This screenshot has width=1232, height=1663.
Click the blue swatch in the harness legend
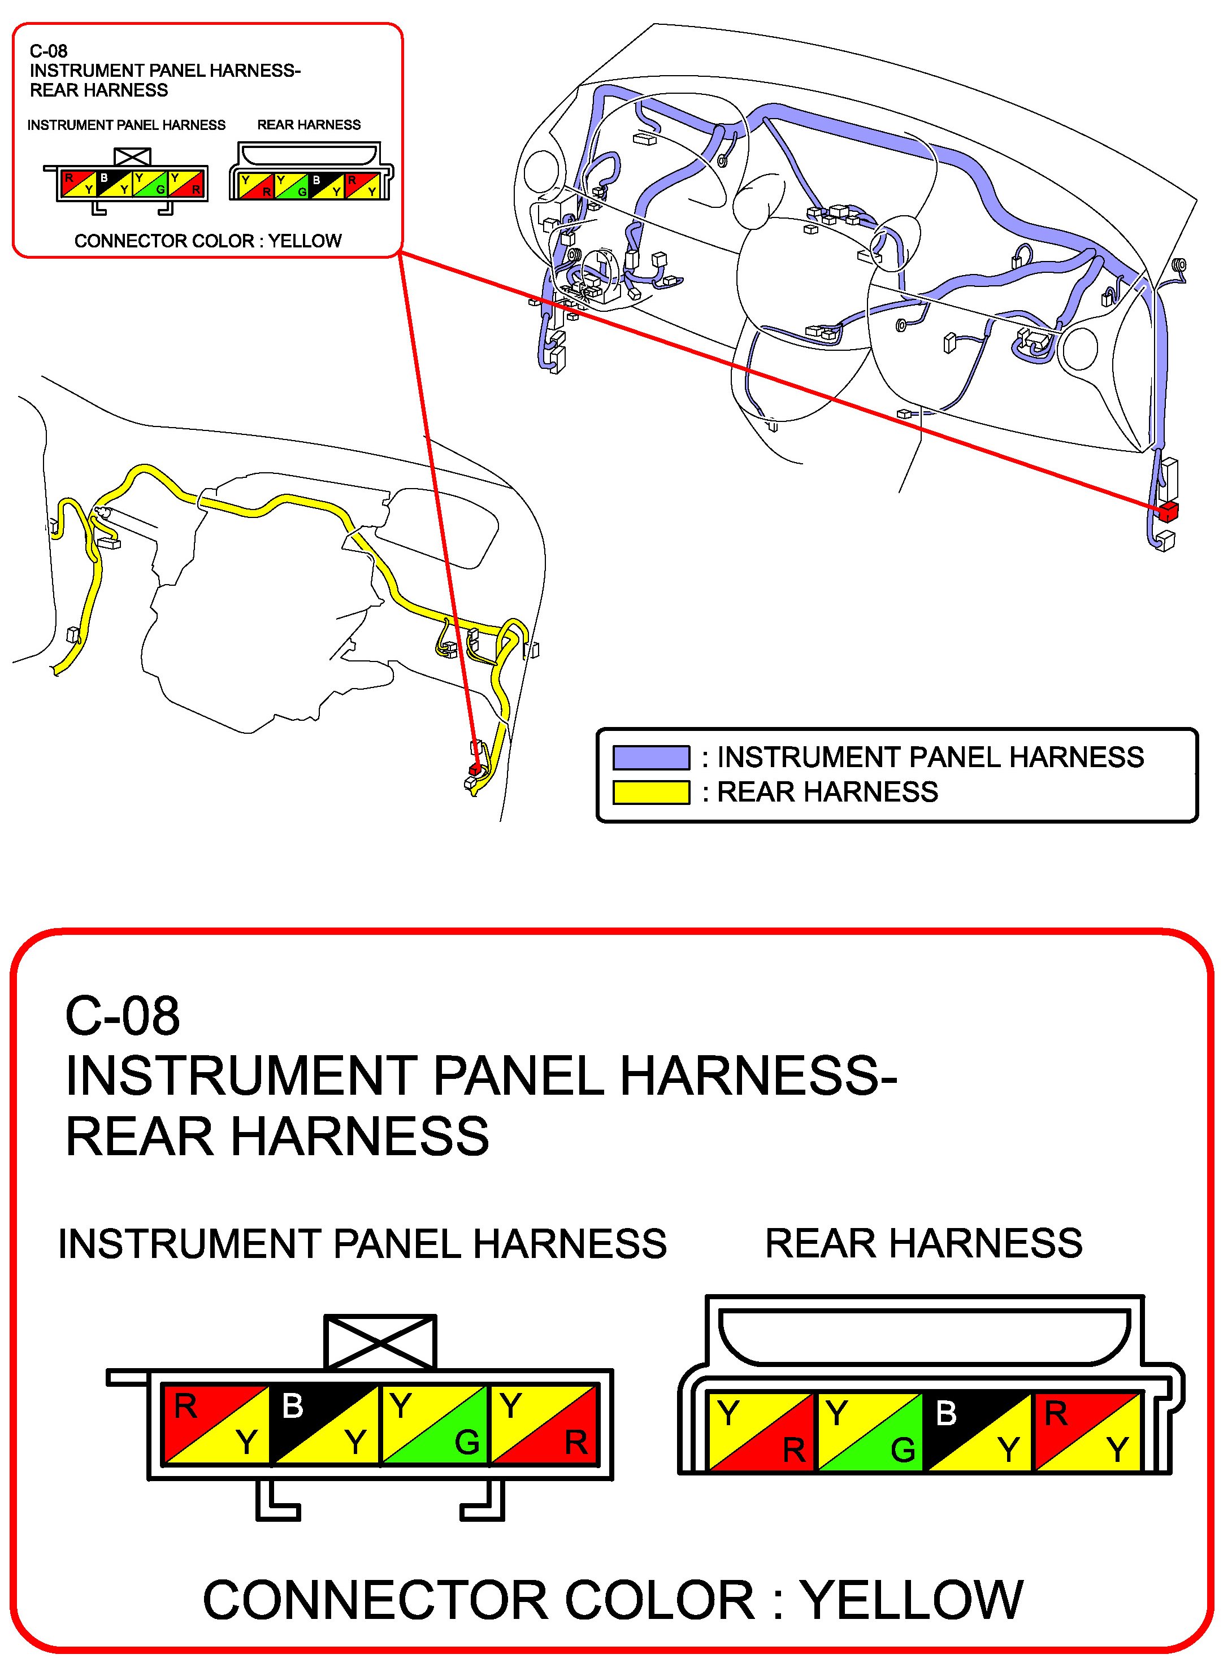pos(651,758)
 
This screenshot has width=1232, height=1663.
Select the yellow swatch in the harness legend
pos(651,793)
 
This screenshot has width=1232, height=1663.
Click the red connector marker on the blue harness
pos(1168,511)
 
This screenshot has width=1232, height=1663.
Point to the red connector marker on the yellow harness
pos(474,768)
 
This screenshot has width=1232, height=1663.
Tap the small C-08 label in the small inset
pos(49,51)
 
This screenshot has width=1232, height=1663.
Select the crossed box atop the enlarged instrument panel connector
pos(380,1343)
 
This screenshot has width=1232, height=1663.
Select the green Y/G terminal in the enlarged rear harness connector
pos(870,1432)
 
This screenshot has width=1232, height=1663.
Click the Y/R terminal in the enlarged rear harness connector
pos(761,1432)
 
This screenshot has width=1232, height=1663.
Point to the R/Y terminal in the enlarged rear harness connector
pos(1087,1432)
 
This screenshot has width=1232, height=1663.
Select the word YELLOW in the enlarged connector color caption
pos(912,1600)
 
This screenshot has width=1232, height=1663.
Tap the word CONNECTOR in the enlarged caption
pos(479,1600)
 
